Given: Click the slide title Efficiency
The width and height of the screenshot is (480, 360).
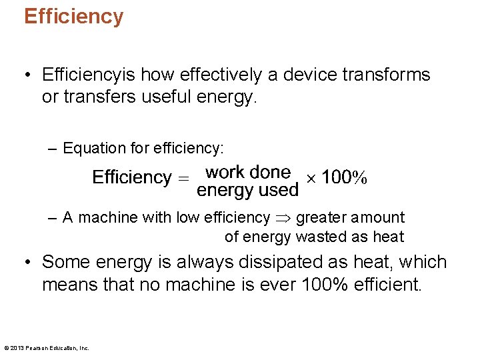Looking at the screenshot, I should click(x=73, y=16).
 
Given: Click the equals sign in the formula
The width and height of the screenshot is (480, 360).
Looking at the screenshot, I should click(x=183, y=178).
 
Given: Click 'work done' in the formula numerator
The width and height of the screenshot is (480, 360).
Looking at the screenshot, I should click(x=248, y=173).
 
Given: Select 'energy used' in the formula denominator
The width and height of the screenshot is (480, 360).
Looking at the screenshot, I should click(x=247, y=191).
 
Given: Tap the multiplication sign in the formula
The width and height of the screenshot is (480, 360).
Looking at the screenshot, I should click(x=310, y=178).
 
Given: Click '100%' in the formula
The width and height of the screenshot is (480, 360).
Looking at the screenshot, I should click(x=344, y=178).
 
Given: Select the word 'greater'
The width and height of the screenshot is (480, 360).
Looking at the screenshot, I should click(x=319, y=218).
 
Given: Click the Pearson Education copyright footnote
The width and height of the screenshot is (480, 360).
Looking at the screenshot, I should click(x=47, y=347).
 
